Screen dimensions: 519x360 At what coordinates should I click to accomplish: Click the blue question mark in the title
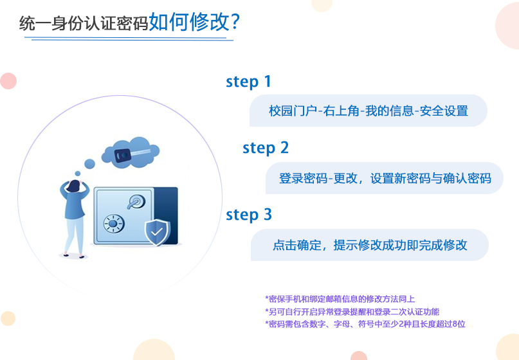[x=234, y=22]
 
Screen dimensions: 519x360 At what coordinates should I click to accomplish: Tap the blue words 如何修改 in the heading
[x=189, y=22]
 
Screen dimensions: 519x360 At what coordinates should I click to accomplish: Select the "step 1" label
[x=248, y=82]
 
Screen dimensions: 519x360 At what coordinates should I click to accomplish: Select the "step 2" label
[x=266, y=148]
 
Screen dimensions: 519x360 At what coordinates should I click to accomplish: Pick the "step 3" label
[x=249, y=215]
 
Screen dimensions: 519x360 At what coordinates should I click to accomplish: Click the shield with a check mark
[x=158, y=232]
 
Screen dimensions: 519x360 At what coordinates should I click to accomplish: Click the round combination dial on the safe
[x=113, y=224]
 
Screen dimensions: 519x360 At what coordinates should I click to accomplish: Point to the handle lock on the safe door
[x=136, y=201]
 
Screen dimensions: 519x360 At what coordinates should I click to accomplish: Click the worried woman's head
[x=74, y=186]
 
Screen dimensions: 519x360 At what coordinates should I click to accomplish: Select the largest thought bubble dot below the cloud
[x=89, y=164]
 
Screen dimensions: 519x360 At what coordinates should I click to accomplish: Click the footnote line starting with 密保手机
[x=340, y=299]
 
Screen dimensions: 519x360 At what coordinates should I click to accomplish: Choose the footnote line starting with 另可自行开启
[x=352, y=312]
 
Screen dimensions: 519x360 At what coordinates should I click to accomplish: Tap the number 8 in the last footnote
[x=455, y=324]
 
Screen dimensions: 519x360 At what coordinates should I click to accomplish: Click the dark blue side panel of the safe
[x=166, y=216]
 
